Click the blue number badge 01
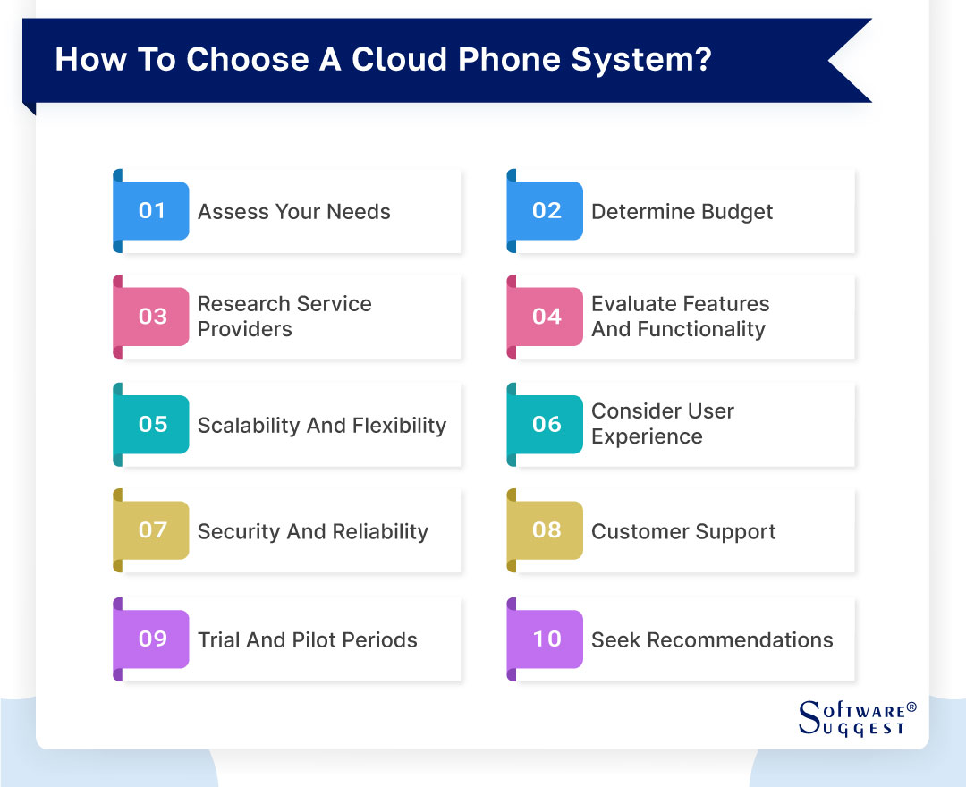point(152,211)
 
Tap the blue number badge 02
point(546,211)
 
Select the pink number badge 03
point(152,317)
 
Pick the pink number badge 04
point(546,317)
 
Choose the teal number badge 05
point(152,424)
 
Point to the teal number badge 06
point(546,424)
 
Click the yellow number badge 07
point(152,530)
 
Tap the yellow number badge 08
point(546,530)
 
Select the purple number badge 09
point(152,639)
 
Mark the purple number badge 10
point(546,639)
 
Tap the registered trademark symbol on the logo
point(911,707)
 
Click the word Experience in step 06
point(647,436)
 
